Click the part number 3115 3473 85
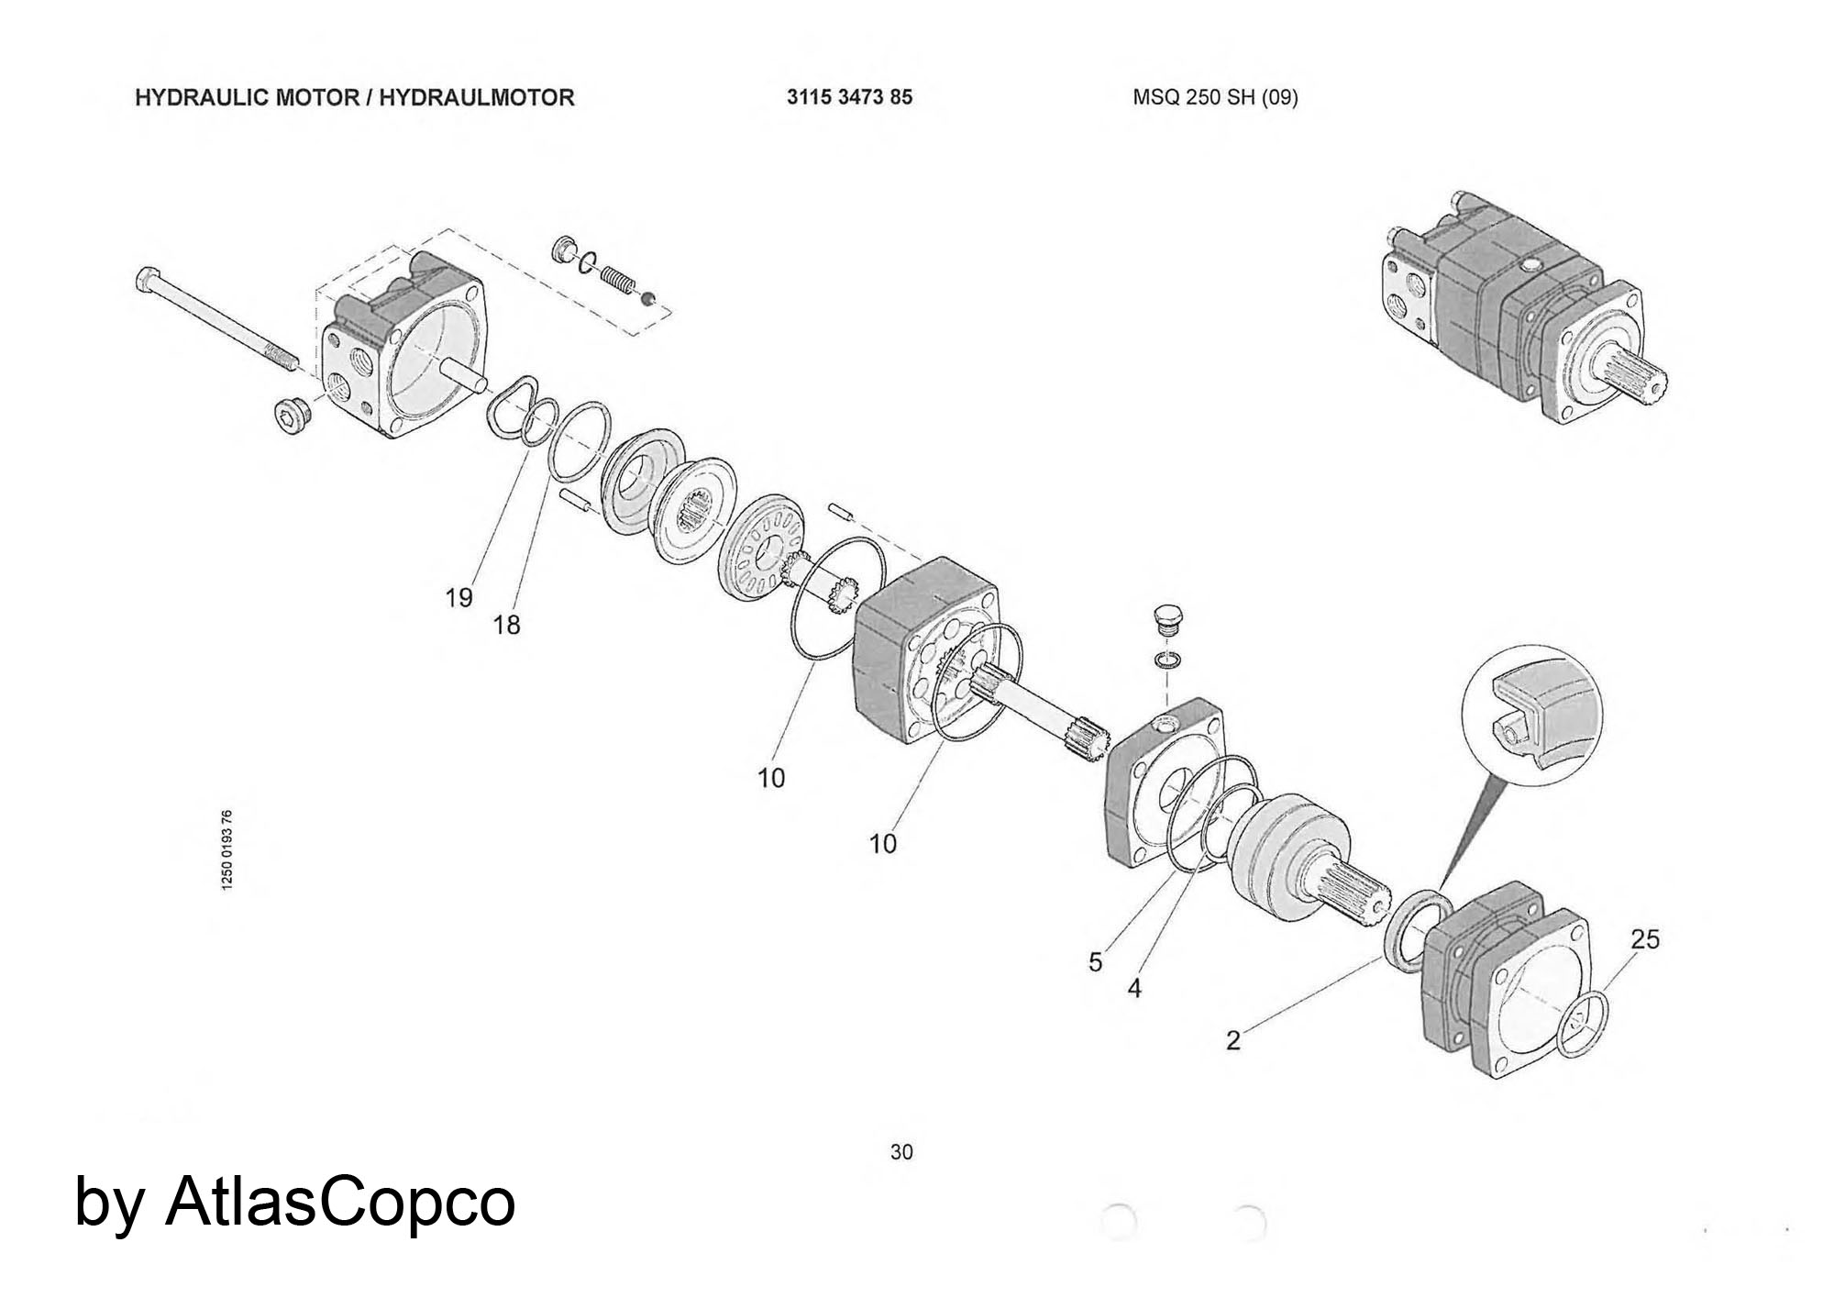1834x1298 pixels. click(x=849, y=97)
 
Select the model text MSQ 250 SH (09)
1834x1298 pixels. click(x=1215, y=97)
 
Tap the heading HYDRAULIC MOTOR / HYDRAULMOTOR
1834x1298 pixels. click(x=354, y=97)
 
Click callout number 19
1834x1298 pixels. click(x=458, y=598)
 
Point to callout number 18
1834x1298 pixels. click(x=506, y=626)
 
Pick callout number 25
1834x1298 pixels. click(x=1645, y=939)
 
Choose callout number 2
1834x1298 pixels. click(x=1233, y=1040)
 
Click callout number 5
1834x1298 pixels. click(x=1095, y=962)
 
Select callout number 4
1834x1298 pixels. click(x=1134, y=989)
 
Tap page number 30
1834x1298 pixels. click(x=901, y=1152)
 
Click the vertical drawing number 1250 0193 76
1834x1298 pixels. click(x=227, y=849)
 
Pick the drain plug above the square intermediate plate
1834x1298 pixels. click(x=1166, y=620)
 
